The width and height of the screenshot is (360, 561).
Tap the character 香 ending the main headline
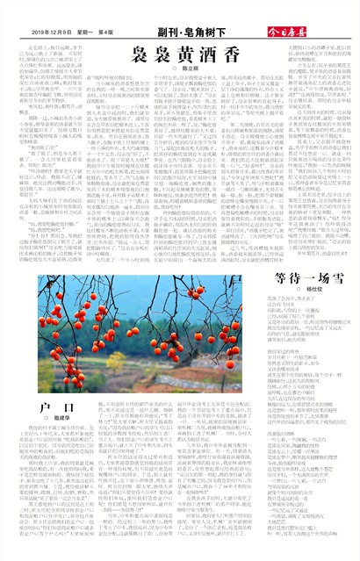point(256,54)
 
